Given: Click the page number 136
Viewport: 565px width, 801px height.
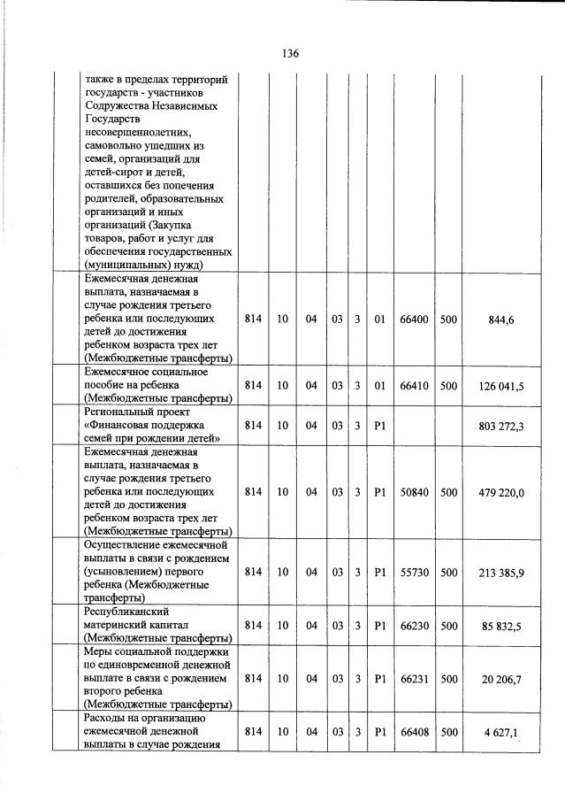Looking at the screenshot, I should point(291,53).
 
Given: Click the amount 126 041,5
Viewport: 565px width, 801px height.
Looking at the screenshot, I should point(501,386).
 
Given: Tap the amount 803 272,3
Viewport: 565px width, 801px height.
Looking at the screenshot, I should point(501,426).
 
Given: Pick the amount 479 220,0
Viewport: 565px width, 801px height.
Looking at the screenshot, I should point(501,492).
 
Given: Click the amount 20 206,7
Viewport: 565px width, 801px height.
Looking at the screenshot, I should point(501,678).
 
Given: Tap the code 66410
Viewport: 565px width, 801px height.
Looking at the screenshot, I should point(414,386).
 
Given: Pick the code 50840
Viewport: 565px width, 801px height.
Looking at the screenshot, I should point(414,492).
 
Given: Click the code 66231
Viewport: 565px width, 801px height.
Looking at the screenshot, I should point(414,678).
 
